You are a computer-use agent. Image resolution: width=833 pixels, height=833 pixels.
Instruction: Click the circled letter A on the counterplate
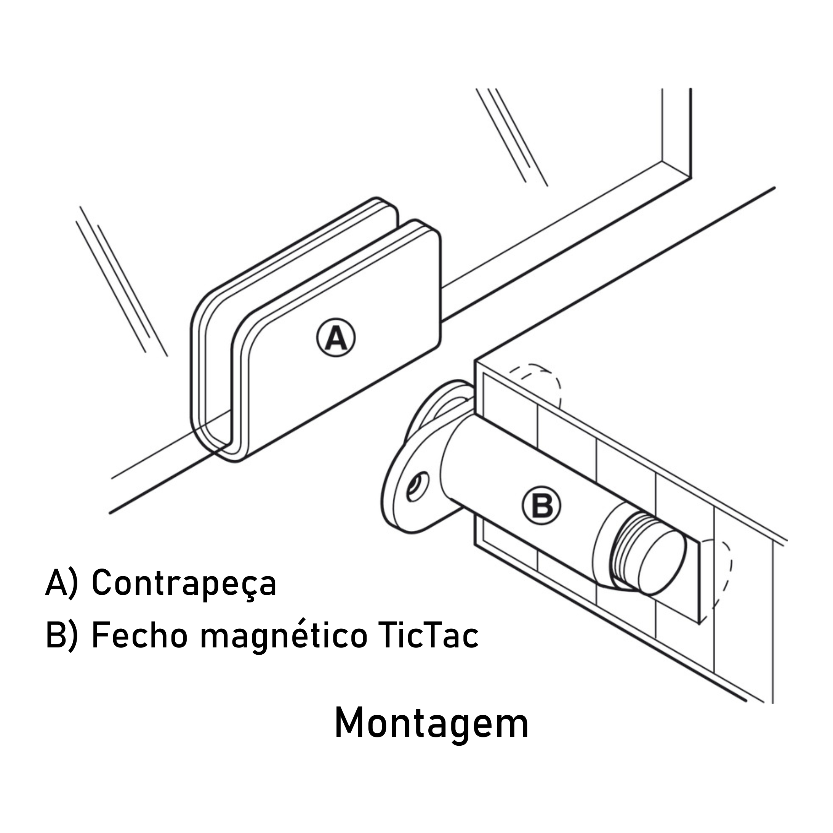pyautogui.click(x=336, y=338)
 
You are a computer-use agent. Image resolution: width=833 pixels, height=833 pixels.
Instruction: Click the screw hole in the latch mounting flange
pyautogui.click(x=417, y=487)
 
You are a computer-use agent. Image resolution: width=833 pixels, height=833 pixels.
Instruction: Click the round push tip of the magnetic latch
pyautogui.click(x=662, y=561)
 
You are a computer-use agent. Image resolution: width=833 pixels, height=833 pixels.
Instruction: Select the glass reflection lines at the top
pyautogui.click(x=512, y=137)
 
